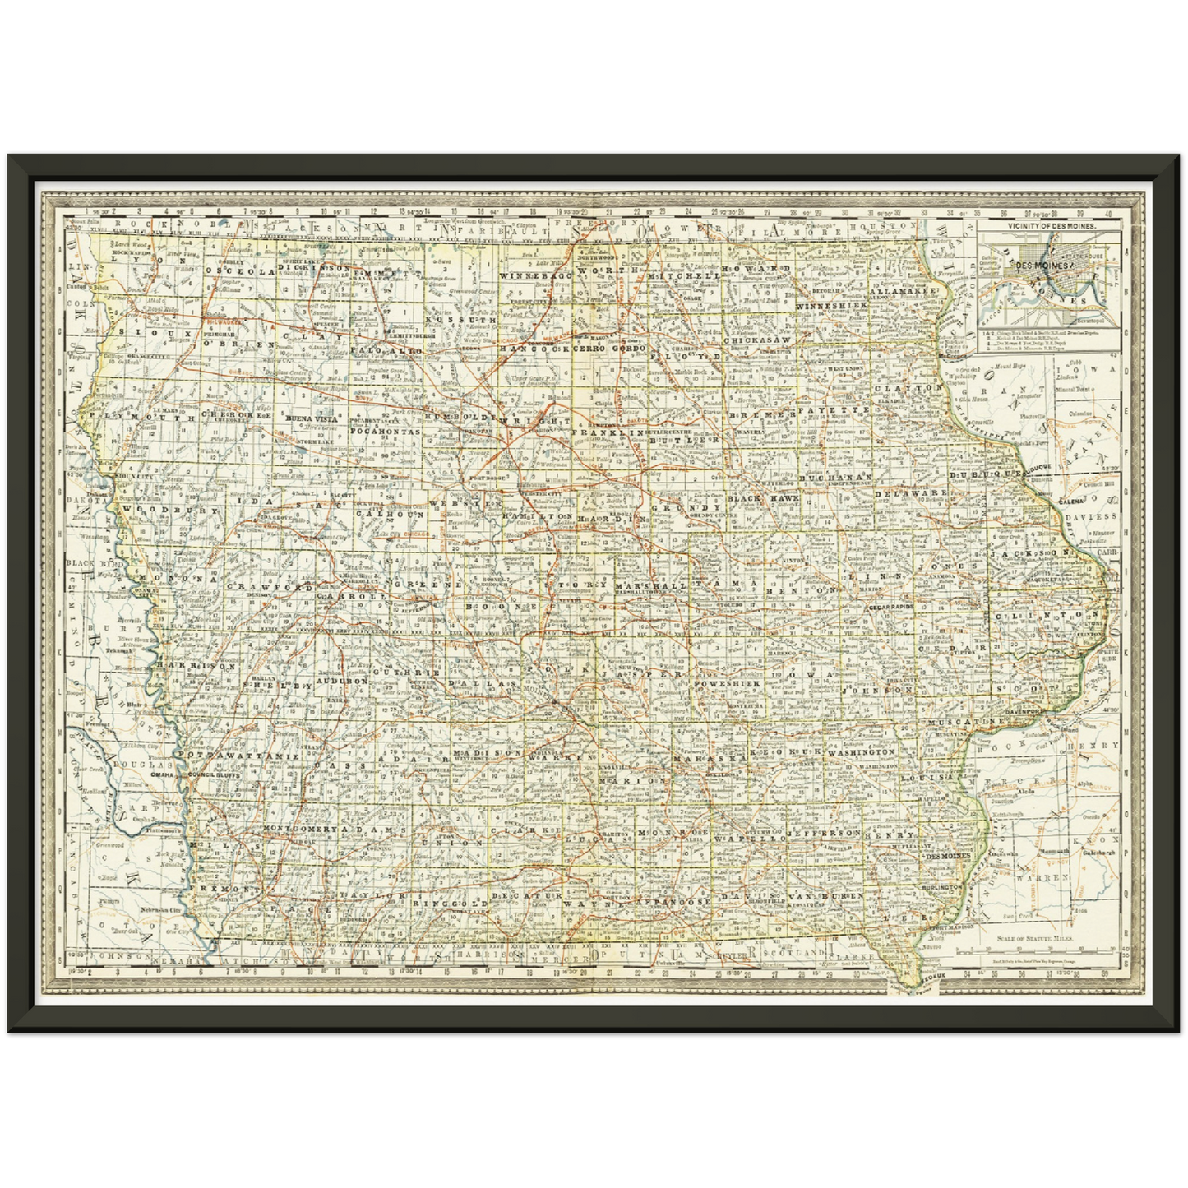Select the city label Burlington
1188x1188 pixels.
click(941, 889)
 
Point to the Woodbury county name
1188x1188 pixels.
click(170, 511)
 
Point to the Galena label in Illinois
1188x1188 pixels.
click(1070, 501)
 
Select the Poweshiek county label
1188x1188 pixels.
click(727, 683)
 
